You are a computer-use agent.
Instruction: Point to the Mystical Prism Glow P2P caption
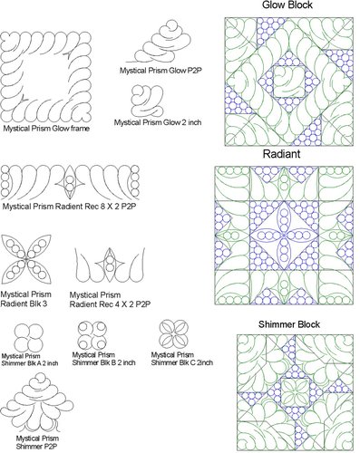point(159,70)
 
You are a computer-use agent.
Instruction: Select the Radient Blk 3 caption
point(26,299)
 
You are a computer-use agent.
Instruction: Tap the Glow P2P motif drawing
point(163,41)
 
